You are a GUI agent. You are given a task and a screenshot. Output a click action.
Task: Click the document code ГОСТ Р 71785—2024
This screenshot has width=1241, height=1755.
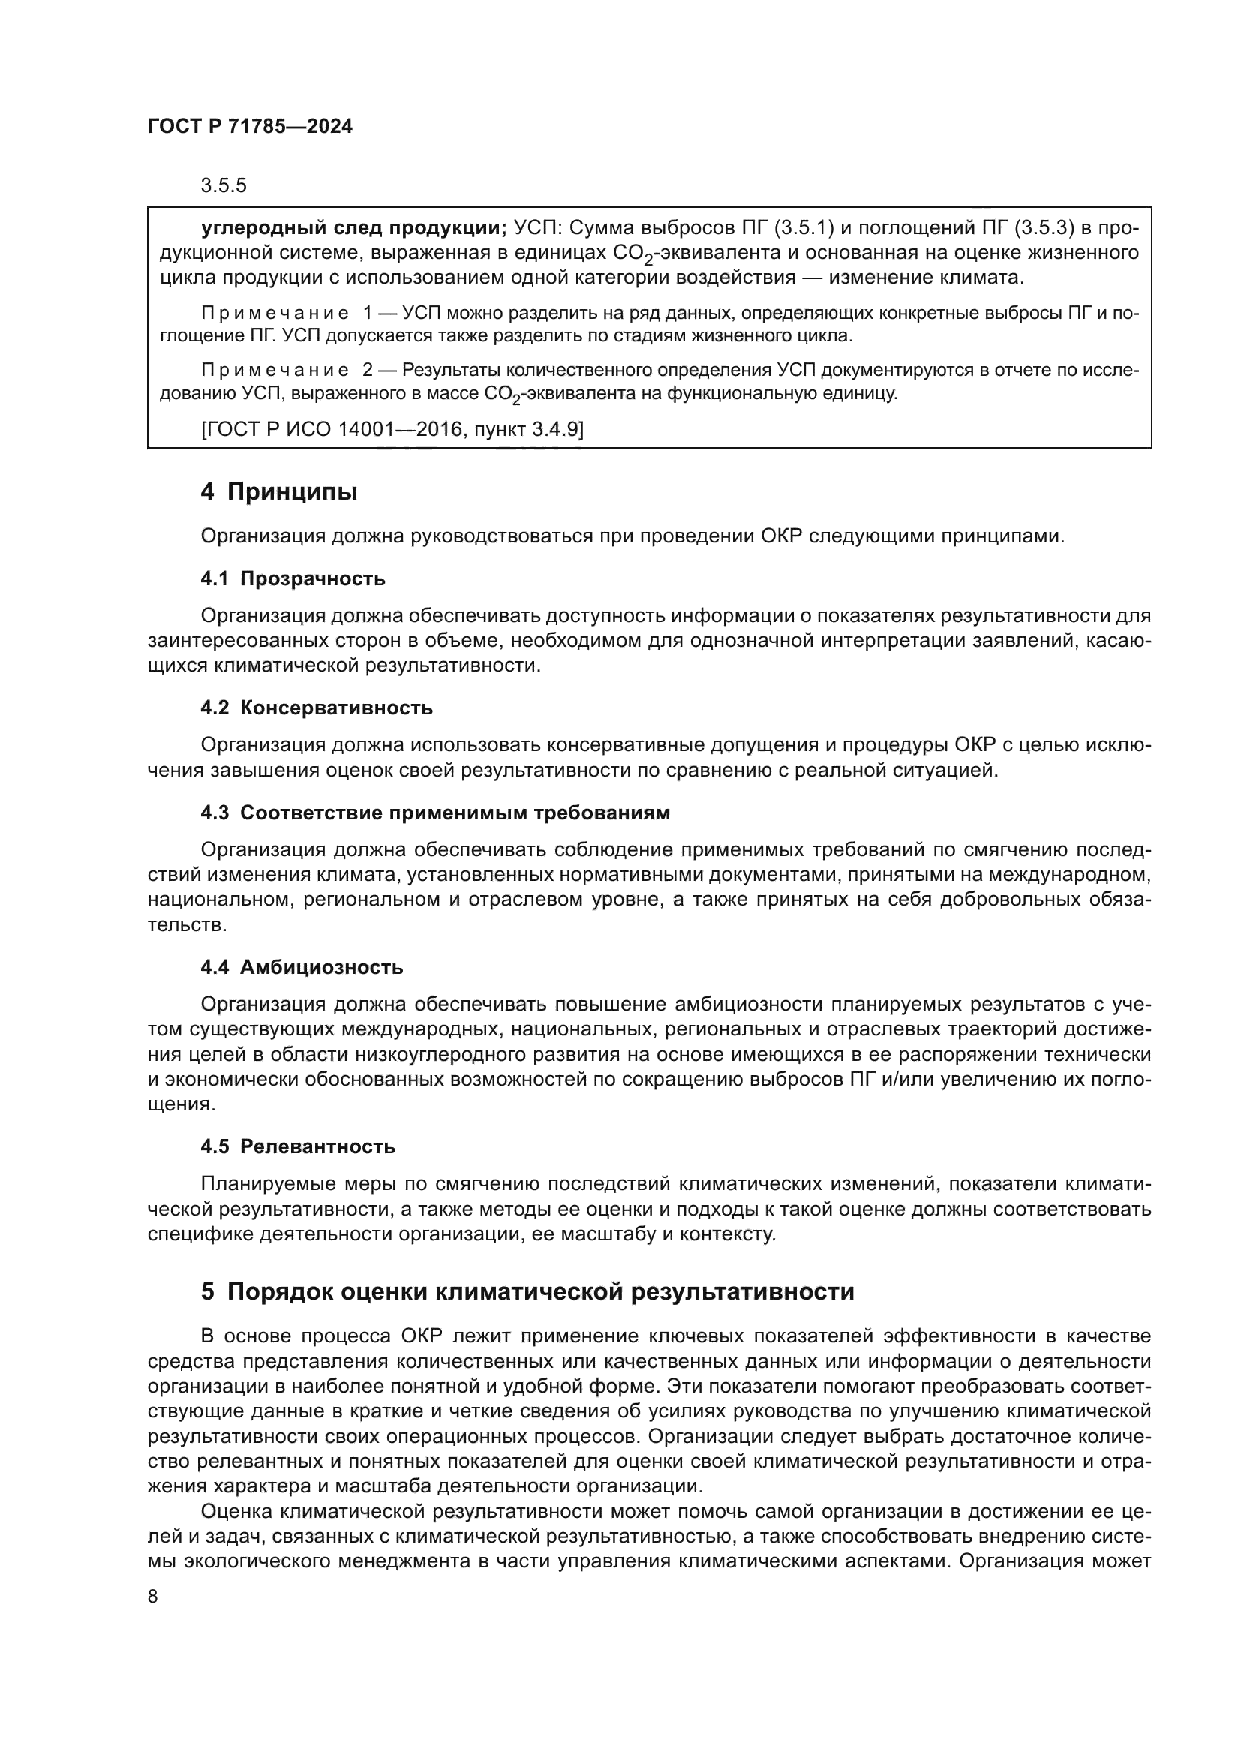pos(250,127)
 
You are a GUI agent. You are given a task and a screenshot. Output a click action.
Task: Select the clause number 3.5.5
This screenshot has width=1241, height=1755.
pos(223,186)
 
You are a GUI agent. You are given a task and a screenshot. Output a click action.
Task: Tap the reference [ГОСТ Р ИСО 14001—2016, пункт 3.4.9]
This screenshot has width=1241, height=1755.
pos(392,430)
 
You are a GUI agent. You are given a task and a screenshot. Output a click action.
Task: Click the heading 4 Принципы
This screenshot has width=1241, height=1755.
pos(279,491)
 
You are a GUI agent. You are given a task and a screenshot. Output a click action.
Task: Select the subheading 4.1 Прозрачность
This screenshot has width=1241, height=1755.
pos(293,578)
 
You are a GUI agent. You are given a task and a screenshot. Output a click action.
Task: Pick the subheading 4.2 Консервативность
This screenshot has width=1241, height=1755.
pos(317,708)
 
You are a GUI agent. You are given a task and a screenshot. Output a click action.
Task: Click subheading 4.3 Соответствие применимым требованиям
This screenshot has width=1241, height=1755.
pos(435,813)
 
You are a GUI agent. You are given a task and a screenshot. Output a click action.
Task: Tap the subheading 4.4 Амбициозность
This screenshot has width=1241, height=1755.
pos(302,967)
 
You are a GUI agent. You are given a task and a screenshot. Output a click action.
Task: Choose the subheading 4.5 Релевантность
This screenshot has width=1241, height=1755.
pos(298,1146)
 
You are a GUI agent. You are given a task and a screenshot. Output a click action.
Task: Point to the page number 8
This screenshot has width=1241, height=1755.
pos(153,1597)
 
